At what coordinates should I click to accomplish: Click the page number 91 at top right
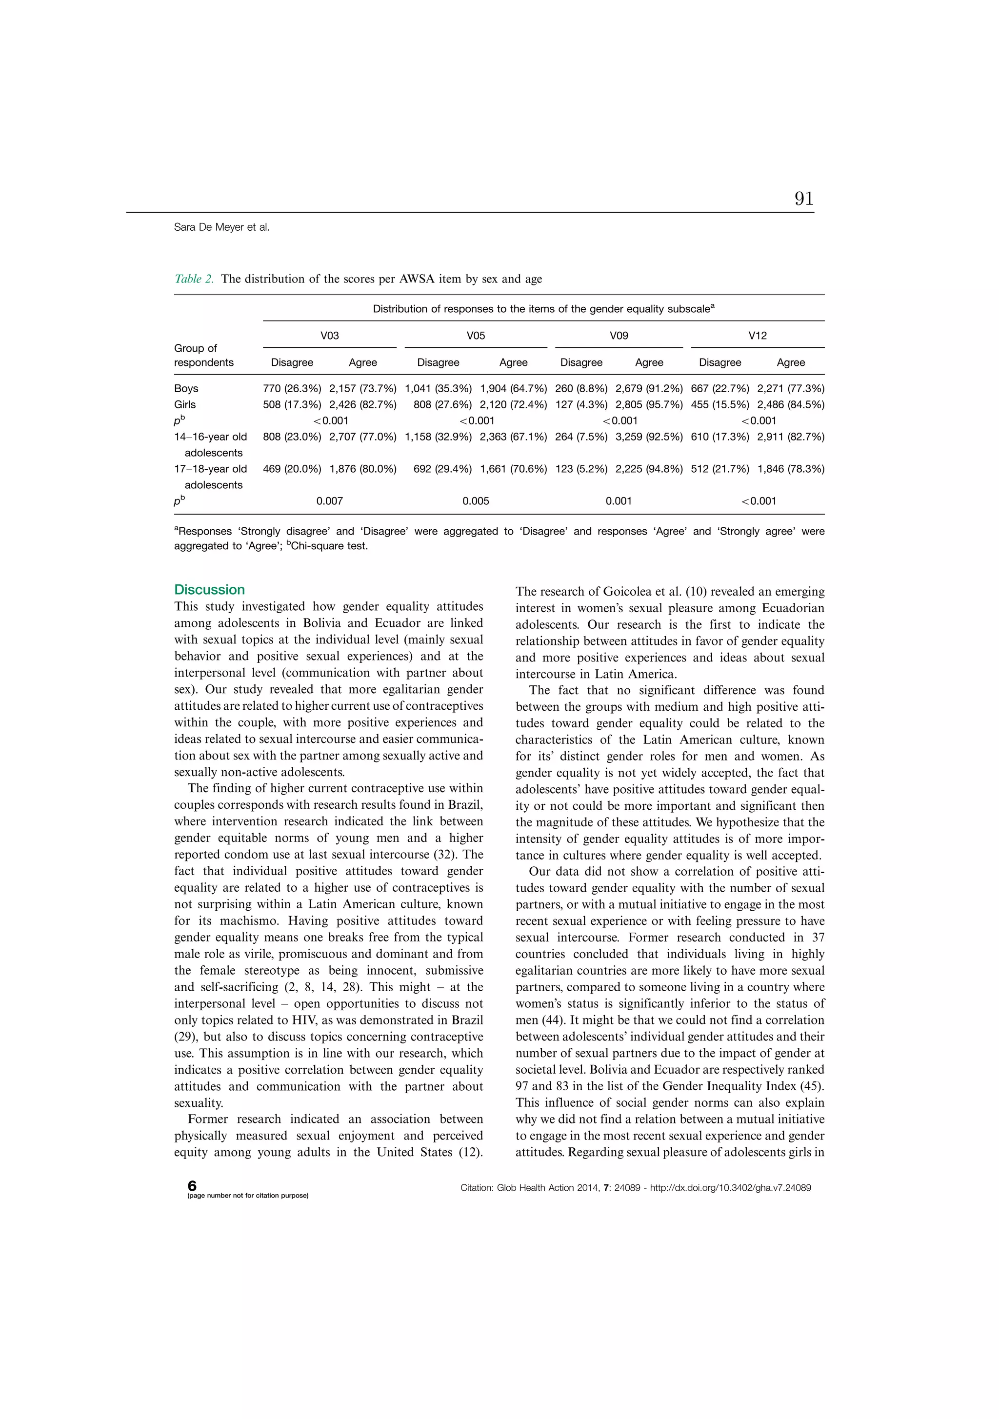[804, 199]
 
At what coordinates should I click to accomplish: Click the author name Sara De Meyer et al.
[221, 227]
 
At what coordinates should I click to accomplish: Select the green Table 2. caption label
[194, 279]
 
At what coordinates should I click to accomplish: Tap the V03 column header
[329, 336]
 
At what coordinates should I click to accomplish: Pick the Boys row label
[186, 389]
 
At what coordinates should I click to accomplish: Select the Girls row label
[185, 405]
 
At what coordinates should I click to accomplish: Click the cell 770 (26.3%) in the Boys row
[292, 389]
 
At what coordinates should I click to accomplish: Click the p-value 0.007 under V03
[329, 501]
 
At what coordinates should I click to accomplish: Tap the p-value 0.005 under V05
[476, 501]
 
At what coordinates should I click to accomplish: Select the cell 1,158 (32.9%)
[439, 437]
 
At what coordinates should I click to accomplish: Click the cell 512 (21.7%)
[720, 469]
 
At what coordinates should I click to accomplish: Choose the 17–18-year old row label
[210, 470]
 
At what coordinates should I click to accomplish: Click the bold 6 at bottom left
[192, 1185]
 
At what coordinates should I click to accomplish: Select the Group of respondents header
[203, 356]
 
